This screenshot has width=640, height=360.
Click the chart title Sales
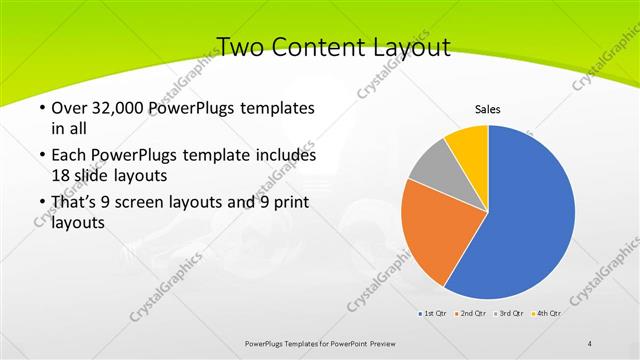click(x=487, y=109)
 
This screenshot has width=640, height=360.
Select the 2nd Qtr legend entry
click(x=472, y=314)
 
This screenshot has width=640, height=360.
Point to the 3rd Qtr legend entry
click(x=509, y=314)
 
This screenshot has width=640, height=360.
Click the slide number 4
click(x=590, y=343)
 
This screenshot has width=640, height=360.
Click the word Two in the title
click(x=241, y=46)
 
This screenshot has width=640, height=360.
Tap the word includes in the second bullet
click(x=281, y=156)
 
